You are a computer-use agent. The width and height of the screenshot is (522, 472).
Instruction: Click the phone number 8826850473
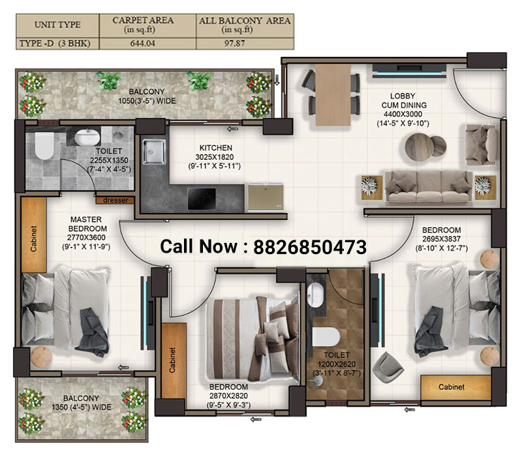click(309, 247)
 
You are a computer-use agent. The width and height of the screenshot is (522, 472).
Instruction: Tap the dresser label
click(115, 200)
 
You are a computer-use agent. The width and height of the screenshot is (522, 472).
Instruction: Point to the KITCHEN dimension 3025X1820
click(215, 157)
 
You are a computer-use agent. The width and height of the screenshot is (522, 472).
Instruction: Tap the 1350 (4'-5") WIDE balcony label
click(81, 407)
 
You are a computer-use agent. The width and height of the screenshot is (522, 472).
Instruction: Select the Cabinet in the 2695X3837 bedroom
click(452, 387)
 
